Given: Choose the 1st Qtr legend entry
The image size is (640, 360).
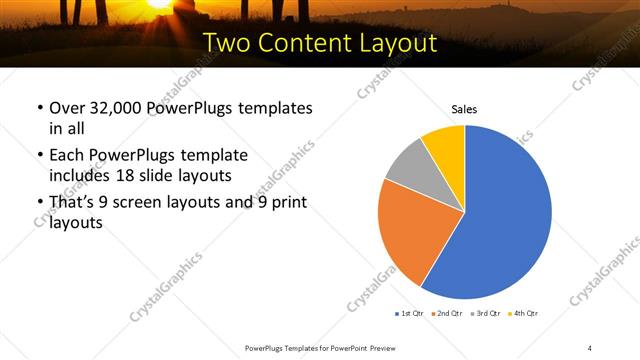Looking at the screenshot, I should (x=409, y=314).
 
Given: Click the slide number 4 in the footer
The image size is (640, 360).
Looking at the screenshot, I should (x=590, y=347).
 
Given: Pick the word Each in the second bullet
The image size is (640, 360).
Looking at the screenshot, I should (x=67, y=156).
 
